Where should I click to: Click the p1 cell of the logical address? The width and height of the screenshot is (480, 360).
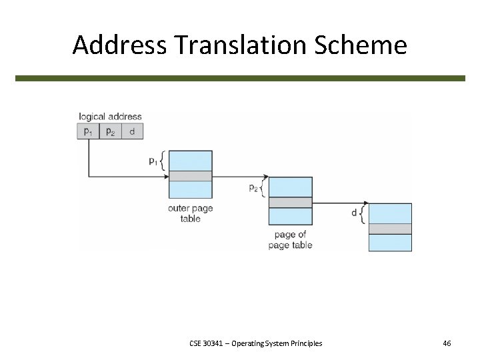[x=88, y=131]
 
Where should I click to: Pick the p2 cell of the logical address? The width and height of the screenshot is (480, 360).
[x=110, y=131]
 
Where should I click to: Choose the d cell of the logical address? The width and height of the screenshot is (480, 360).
[x=132, y=131]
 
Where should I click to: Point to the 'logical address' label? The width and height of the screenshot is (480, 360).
[x=110, y=117]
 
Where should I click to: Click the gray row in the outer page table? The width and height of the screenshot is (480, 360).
[x=190, y=176]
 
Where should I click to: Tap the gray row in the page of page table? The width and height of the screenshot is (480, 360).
[x=290, y=202]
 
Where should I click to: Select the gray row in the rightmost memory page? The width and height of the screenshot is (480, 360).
[x=390, y=229]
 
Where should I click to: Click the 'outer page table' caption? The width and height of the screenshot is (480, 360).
[x=190, y=213]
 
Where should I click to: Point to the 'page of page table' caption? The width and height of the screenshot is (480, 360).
[x=290, y=240]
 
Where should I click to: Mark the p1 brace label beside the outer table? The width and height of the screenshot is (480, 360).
[x=155, y=161]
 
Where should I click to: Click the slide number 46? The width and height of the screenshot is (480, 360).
[x=447, y=343]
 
